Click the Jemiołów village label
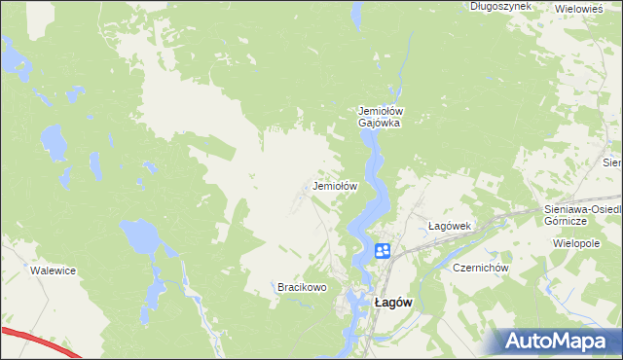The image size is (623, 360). point(336,185)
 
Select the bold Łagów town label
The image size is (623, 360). point(393,303)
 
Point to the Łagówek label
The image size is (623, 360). point(450,226)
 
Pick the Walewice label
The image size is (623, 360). point(54,271)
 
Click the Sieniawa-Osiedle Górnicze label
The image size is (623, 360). point(581,215)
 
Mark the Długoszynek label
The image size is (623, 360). point(500,6)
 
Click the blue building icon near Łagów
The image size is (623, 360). point(383,252)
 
